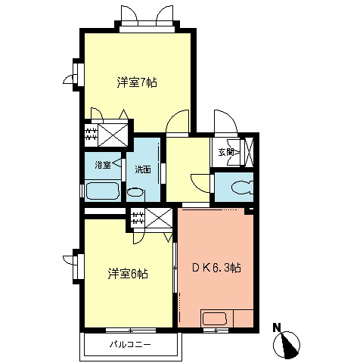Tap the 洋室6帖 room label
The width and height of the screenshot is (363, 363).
point(126,273)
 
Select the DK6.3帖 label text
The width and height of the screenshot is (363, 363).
point(216,268)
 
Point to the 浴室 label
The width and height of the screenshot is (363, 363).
point(102,164)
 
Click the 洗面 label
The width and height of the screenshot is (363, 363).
point(143,169)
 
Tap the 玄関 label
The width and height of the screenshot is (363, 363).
point(227,152)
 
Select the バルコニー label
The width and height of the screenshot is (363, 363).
point(129,345)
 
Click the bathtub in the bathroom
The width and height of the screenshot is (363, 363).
point(101,190)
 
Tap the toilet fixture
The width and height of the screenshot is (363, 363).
point(242,186)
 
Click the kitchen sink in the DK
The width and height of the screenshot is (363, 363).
point(215,318)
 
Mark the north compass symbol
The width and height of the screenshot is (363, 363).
point(288,346)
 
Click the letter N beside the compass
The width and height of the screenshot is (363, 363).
point(277,327)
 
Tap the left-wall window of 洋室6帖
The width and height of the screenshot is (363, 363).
point(78,265)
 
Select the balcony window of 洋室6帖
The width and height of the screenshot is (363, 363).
point(129,330)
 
